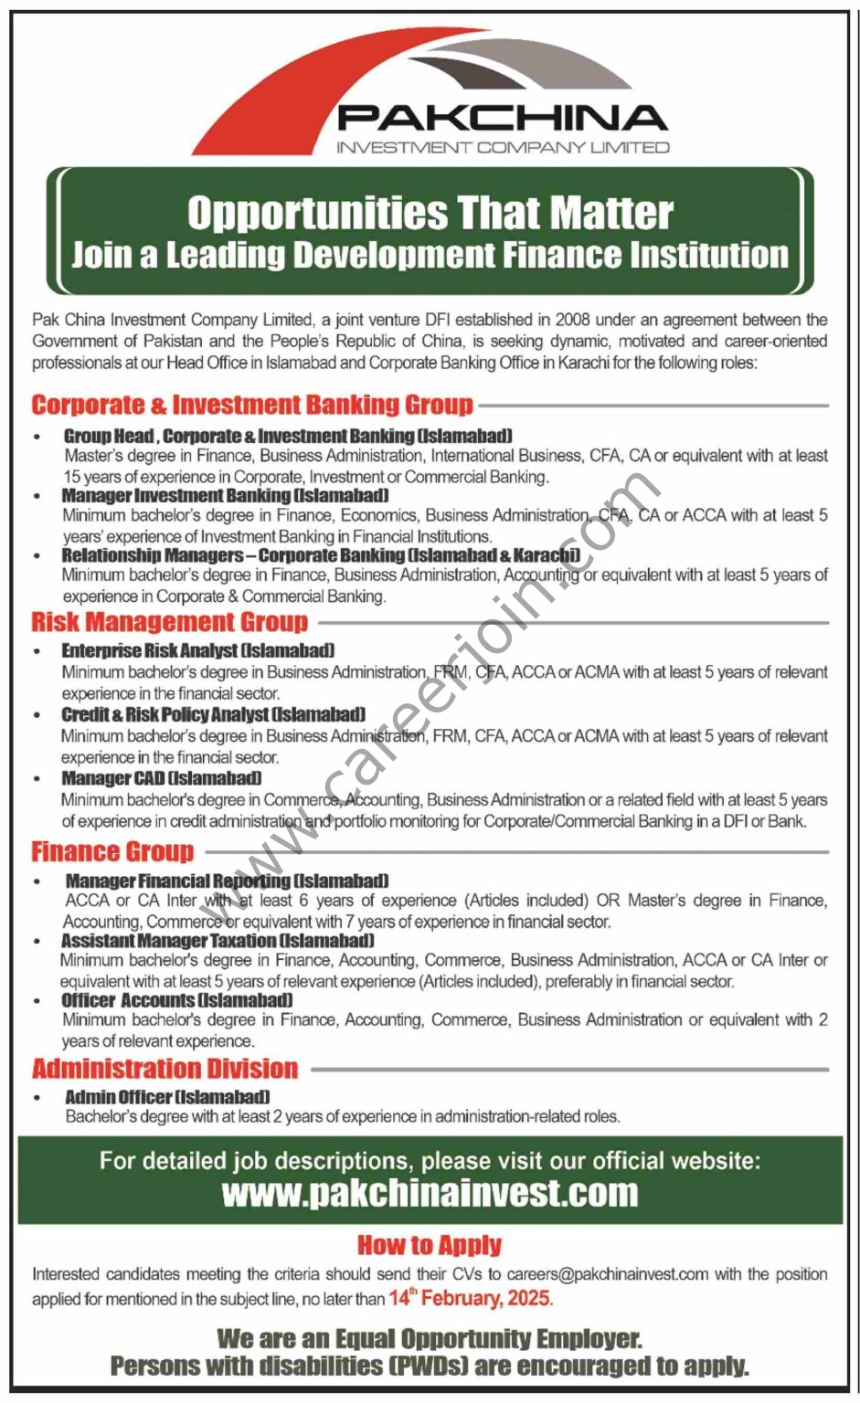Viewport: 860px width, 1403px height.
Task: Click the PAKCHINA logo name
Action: point(502,118)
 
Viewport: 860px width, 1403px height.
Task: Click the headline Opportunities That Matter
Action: point(430,213)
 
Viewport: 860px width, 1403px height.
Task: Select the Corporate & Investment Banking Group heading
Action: point(252,405)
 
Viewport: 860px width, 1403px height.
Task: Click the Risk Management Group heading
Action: point(169,622)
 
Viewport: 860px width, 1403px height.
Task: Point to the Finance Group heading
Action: point(112,851)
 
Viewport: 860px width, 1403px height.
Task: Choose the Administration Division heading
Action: point(165,1068)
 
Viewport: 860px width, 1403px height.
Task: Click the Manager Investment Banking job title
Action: point(225,495)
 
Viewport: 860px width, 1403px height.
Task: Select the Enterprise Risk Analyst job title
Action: point(197,650)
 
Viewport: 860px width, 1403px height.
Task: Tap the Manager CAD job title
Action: point(161,778)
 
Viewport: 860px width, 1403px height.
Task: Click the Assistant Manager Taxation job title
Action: point(218,940)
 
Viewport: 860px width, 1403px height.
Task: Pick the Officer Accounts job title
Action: point(176,1000)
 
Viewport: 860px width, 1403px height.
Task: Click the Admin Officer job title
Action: point(166,1096)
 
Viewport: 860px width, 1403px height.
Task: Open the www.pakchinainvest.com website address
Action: point(430,1193)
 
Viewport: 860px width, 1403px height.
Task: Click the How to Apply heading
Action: point(430,1245)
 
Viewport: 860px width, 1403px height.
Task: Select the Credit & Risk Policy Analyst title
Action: point(213,714)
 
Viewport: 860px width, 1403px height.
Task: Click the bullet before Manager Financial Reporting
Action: point(37,882)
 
